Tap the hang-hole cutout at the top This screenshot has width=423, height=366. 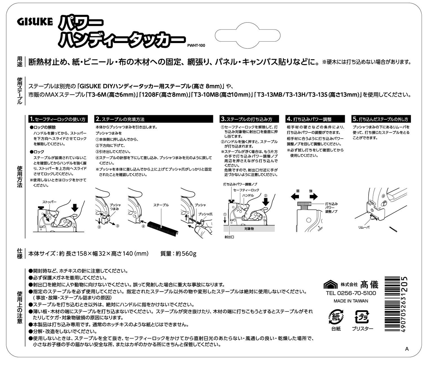(x=248, y=37)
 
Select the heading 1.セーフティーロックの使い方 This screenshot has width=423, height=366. (x=58, y=119)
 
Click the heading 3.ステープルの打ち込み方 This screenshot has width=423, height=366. (x=246, y=119)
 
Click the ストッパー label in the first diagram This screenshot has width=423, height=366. (x=49, y=202)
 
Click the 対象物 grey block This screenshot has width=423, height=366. (x=249, y=229)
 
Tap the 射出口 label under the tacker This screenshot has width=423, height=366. (x=230, y=237)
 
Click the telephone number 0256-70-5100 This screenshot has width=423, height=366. (x=357, y=293)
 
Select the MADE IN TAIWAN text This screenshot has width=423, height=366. (x=351, y=301)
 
